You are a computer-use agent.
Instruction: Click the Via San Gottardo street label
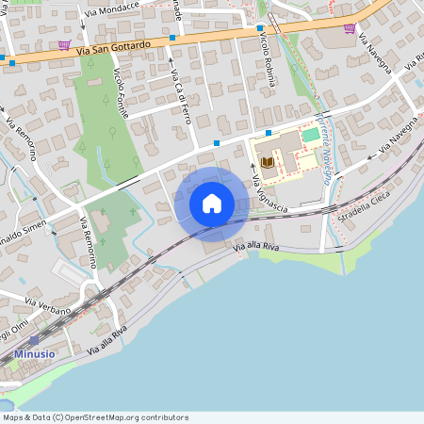113,50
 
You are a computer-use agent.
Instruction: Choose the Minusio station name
35,354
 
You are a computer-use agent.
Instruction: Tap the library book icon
268,162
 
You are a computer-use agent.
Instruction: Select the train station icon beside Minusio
35,340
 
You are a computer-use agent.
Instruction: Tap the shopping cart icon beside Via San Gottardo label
64,44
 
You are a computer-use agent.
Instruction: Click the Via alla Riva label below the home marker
258,246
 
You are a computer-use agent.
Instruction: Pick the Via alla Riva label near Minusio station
106,340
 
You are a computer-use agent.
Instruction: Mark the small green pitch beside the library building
310,135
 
